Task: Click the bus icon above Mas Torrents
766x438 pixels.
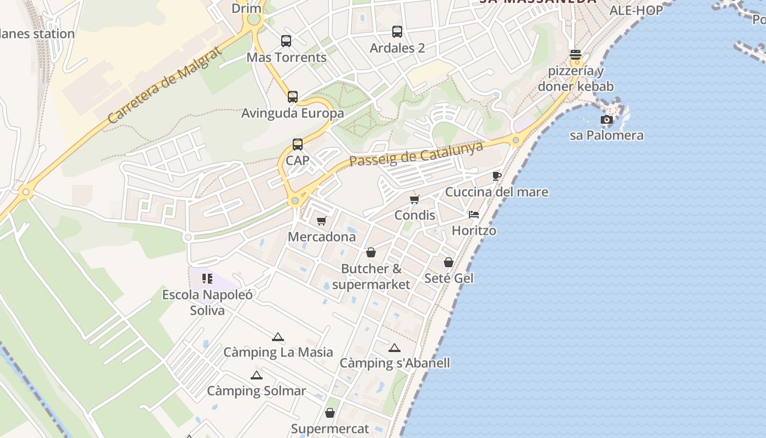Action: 286,41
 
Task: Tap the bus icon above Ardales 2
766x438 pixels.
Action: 397,32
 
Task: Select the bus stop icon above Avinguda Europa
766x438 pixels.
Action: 293,97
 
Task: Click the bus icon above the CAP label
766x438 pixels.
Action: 298,145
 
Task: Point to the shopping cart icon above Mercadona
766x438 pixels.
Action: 322,221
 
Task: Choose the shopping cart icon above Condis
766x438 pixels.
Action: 415,199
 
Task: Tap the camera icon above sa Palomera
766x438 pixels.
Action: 606,120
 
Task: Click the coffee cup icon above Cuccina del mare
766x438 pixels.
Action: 497,176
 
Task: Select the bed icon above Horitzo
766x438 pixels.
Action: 474,215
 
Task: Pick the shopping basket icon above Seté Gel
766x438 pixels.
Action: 449,262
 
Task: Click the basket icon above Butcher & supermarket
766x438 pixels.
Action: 371,252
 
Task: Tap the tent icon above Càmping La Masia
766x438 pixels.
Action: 278,337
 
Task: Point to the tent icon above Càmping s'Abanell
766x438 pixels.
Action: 394,348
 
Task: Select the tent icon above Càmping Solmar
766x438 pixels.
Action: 256,375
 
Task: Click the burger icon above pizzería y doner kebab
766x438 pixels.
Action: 576,55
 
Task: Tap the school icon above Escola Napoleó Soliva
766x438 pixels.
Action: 207,279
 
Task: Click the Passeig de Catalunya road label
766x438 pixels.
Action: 416,153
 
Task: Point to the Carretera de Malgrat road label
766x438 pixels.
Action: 164,85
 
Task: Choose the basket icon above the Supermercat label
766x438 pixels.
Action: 330,413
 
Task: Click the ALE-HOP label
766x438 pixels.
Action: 636,10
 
